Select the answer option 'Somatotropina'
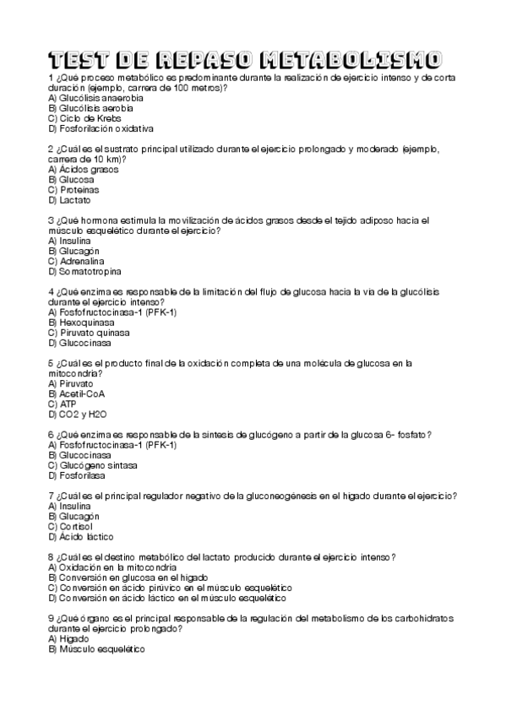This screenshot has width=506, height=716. coord(89,272)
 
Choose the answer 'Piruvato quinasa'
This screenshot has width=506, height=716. coord(90,333)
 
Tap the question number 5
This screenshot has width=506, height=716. coord(52,363)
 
